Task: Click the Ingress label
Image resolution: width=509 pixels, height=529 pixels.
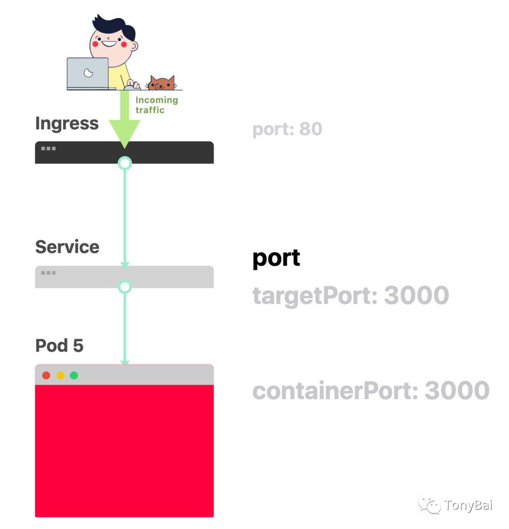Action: click(x=67, y=124)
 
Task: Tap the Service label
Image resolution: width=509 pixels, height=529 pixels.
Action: click(x=67, y=247)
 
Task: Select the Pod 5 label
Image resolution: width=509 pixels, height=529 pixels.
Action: click(x=59, y=345)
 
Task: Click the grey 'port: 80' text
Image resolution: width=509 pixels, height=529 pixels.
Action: click(x=287, y=129)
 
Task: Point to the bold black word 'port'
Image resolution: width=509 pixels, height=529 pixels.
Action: click(x=276, y=258)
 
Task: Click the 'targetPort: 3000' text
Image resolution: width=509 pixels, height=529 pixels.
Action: click(x=351, y=296)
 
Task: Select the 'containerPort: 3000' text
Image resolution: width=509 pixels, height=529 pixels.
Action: click(x=371, y=391)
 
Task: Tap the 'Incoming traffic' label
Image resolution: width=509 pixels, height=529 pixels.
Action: click(x=156, y=105)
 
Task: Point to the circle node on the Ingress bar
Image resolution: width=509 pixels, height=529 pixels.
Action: click(x=124, y=163)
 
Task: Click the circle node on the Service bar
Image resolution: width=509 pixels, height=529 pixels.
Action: click(x=124, y=287)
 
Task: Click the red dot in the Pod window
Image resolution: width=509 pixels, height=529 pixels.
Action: click(x=46, y=376)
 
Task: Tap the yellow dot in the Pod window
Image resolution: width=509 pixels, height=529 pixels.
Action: click(x=60, y=376)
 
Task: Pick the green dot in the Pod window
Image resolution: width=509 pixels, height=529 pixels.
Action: click(x=74, y=376)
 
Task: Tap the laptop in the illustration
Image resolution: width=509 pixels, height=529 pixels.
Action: click(x=88, y=73)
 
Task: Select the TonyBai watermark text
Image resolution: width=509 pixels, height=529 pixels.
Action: click(x=468, y=505)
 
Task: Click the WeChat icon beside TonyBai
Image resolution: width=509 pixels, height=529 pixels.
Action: click(x=429, y=505)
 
